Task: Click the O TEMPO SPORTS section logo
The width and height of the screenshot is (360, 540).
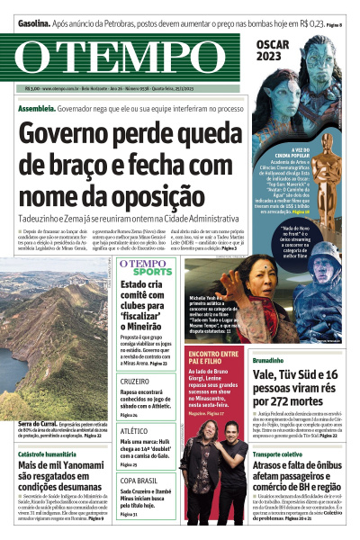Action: coord(147,268)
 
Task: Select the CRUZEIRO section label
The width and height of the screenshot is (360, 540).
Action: coord(136,382)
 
